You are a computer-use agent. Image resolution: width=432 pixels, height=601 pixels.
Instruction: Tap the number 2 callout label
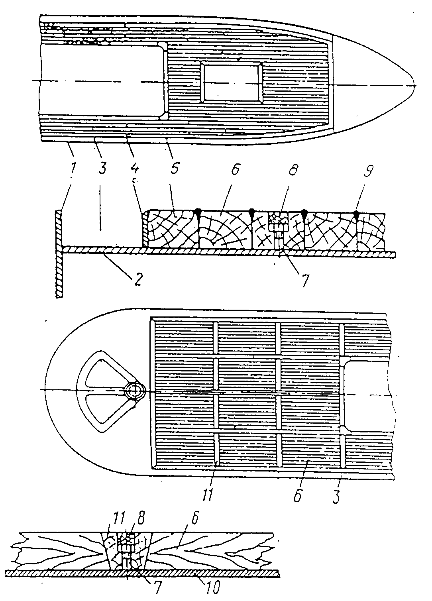pos(137,279)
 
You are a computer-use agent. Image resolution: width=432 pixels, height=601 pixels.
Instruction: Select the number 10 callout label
pos(212,592)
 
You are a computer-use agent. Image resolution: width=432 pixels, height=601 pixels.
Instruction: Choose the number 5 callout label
pos(174,167)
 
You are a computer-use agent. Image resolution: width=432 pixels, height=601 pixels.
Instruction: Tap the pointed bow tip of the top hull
pos(415,85)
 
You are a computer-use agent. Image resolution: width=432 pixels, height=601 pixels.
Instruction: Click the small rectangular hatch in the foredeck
pos(232,82)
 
